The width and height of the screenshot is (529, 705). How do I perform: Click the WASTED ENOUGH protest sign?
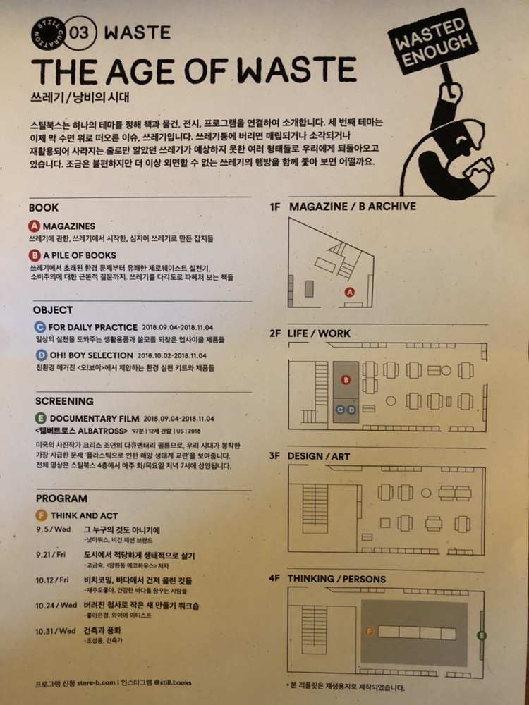pos(432,41)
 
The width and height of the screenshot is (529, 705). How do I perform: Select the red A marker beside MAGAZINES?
pos(34,226)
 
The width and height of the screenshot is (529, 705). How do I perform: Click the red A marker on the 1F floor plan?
pos(350,293)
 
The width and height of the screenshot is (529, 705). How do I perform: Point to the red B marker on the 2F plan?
pos(346,380)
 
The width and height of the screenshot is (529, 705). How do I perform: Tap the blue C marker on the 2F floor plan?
pos(341,410)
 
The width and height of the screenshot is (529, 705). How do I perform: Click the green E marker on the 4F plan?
pos(481,635)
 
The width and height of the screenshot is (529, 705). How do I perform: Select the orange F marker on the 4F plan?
pos(370,632)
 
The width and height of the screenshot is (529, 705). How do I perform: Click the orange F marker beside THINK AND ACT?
pos(42,515)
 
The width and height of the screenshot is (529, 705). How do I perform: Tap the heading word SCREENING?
pos(64,401)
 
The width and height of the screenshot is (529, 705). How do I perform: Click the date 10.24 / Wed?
pos(56,606)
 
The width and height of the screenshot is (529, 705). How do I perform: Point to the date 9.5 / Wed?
pos(54,529)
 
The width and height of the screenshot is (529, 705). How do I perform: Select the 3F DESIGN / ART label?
pos(310,456)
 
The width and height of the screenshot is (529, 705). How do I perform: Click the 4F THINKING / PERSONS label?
pos(327,579)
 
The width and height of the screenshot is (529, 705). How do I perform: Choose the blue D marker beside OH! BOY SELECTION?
pos(42,355)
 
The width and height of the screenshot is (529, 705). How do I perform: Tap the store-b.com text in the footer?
pos(96,683)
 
